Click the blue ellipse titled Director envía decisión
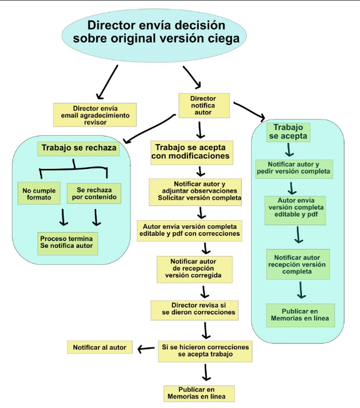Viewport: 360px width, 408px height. (x=154, y=36)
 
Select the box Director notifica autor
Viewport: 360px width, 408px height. (x=204, y=106)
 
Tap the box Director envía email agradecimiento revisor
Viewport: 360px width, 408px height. (x=95, y=115)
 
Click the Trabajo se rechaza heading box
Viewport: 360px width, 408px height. (x=78, y=148)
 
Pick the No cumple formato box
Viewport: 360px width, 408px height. (x=39, y=193)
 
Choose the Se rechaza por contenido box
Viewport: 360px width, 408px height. (x=94, y=193)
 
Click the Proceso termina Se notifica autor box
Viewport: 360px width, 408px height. (x=67, y=243)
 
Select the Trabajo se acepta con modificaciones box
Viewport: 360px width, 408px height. (x=192, y=153)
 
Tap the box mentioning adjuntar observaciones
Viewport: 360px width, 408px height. (x=195, y=192)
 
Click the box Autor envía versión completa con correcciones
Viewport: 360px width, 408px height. (x=189, y=231)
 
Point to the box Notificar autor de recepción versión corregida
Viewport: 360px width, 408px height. (x=194, y=269)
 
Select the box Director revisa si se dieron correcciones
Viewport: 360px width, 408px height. (x=194, y=310)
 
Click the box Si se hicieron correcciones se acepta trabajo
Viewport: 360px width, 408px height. (x=205, y=351)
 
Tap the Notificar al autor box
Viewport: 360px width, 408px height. (x=99, y=347)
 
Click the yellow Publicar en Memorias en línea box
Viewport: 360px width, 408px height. (x=199, y=394)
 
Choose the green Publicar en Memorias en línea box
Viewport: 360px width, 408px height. (x=301, y=315)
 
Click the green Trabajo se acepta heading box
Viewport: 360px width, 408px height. (x=288, y=132)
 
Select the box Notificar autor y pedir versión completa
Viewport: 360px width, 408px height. (x=294, y=169)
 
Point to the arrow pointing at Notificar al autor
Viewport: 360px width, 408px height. (x=146, y=349)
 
